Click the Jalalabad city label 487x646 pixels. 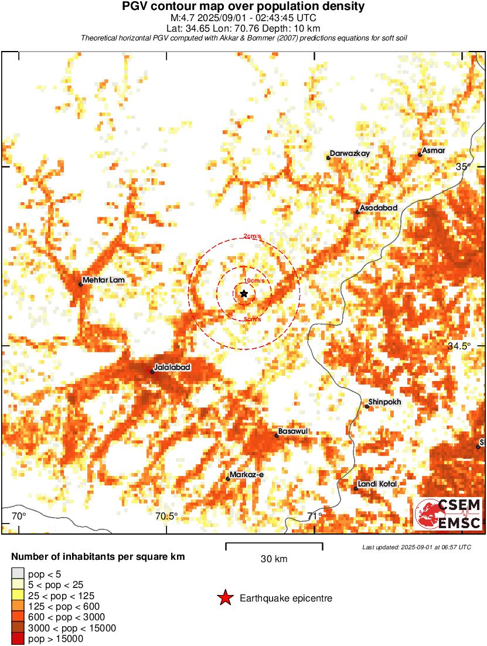172,368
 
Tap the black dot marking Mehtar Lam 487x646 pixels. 80,284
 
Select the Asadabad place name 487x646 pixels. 379,208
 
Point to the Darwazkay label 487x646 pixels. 350,154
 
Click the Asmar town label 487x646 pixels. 434,151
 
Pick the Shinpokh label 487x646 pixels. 385,402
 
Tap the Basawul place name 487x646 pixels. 293,431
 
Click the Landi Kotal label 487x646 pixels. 377,484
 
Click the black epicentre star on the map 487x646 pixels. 244,293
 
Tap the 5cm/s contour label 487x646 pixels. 252,319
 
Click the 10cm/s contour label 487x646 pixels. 253,281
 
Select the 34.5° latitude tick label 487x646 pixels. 459,346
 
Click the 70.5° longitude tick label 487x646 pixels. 166,516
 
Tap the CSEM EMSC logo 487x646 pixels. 449,514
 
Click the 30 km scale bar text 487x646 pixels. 274,559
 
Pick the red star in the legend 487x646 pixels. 225,599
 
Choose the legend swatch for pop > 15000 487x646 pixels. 18,639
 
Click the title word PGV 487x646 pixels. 134,6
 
